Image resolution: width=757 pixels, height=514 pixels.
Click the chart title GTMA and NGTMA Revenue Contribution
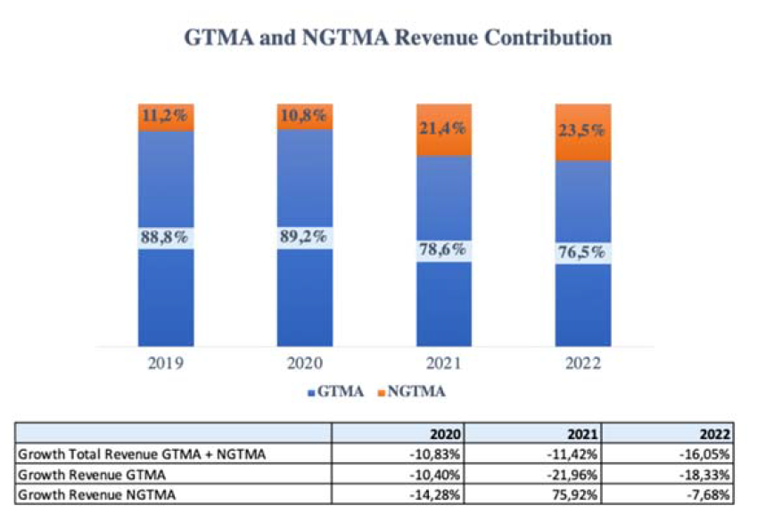point(397,38)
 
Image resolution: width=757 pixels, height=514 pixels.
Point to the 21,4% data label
point(444,129)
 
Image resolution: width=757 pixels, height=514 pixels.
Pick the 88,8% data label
point(165,238)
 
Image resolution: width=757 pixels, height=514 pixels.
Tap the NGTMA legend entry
point(417,391)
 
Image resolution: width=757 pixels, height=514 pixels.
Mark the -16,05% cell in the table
point(708,453)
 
